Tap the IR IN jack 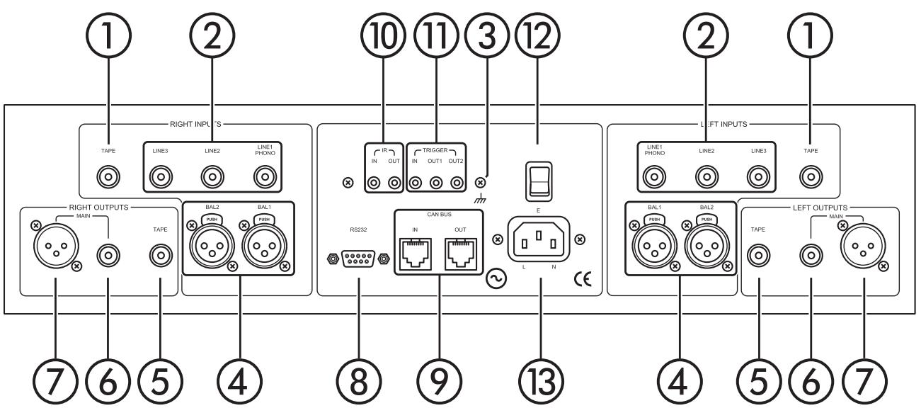(x=373, y=183)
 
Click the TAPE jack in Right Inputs (x=108, y=174)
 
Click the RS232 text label (x=357, y=229)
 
